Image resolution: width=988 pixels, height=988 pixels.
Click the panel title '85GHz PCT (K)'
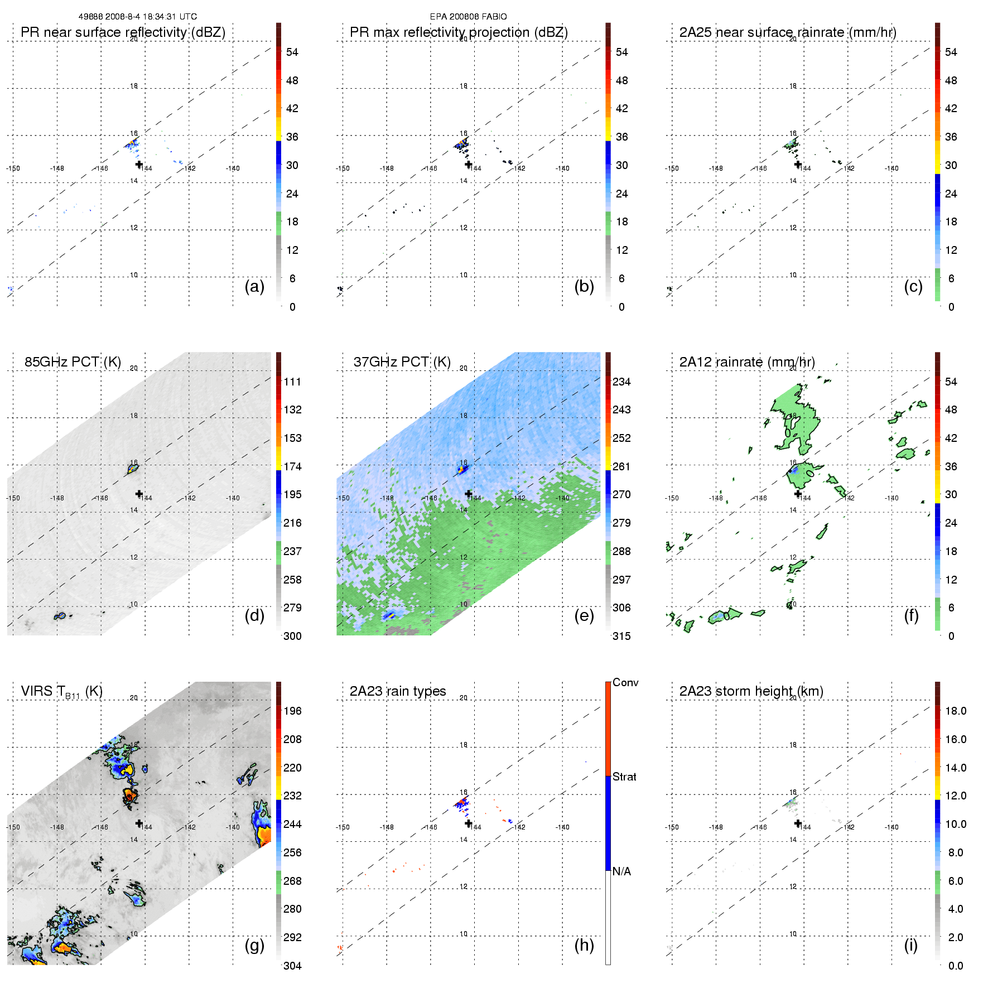73,362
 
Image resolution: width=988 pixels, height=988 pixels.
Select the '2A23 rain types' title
397,691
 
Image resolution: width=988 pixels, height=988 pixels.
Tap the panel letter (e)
584,615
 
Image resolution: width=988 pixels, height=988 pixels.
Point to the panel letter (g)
254,945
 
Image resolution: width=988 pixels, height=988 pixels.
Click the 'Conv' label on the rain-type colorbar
625,682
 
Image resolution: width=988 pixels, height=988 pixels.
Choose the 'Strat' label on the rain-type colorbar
624,777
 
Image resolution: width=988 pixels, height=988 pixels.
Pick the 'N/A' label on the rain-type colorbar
621,871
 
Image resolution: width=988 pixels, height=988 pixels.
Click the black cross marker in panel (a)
139,164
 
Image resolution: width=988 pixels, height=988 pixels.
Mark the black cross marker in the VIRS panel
139,823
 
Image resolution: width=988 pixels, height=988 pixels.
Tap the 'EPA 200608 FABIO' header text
468,17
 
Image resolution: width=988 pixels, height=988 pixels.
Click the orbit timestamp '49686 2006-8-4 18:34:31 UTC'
137,17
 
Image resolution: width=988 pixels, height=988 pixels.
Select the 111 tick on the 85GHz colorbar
292,382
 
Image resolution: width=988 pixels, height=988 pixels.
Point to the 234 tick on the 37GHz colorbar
621,382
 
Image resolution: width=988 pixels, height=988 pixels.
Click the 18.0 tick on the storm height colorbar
955,711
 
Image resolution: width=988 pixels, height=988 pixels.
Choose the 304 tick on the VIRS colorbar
292,966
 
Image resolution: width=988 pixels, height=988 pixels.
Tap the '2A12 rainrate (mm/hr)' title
747,362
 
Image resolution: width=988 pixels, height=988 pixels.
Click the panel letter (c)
913,286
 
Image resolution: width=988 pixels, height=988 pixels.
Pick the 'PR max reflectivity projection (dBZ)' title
459,32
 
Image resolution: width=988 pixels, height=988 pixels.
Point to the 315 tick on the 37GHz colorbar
621,636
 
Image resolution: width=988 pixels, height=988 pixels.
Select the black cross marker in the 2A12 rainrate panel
798,494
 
